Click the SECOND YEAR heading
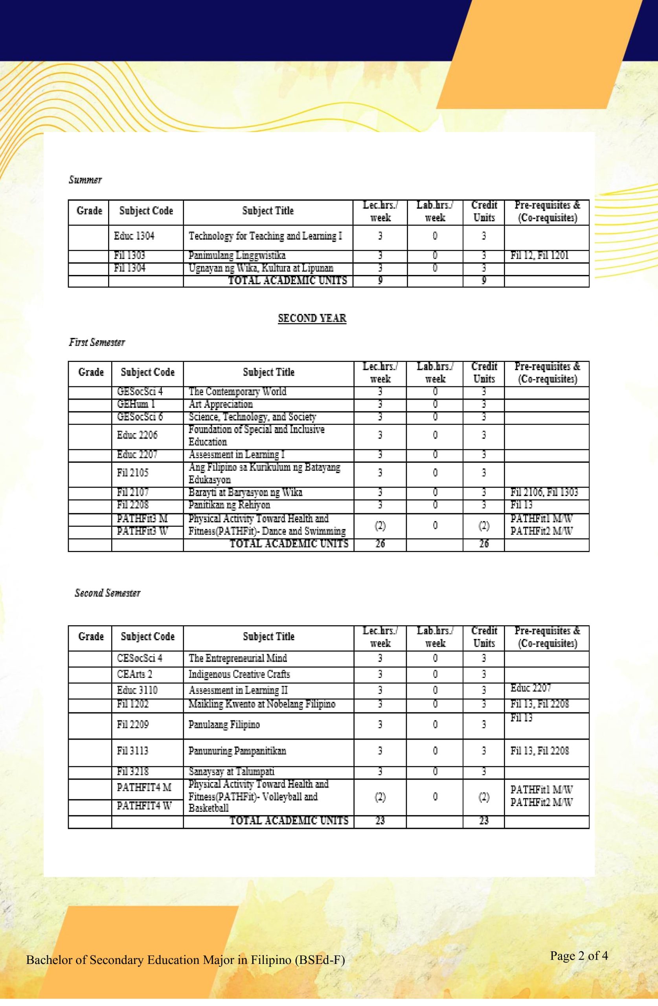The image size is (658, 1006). (x=312, y=318)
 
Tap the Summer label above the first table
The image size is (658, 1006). (x=85, y=180)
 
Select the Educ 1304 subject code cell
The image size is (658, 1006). (x=134, y=236)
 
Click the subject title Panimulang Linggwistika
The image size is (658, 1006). (x=237, y=255)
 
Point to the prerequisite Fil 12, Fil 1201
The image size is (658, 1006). (x=540, y=255)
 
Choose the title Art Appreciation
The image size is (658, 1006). (x=221, y=404)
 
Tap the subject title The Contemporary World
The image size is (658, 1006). (x=237, y=392)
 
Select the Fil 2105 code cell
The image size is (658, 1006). (x=133, y=473)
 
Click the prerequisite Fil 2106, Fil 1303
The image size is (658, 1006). (x=544, y=492)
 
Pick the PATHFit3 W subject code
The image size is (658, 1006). (x=142, y=531)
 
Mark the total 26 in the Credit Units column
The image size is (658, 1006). (x=484, y=544)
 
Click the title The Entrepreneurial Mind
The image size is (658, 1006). (x=238, y=658)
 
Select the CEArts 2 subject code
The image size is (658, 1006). (x=134, y=674)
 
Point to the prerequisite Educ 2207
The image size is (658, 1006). (x=531, y=688)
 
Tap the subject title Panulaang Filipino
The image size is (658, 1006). (x=224, y=725)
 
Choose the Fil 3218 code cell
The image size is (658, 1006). (x=133, y=771)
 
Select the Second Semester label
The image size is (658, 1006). (x=107, y=593)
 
